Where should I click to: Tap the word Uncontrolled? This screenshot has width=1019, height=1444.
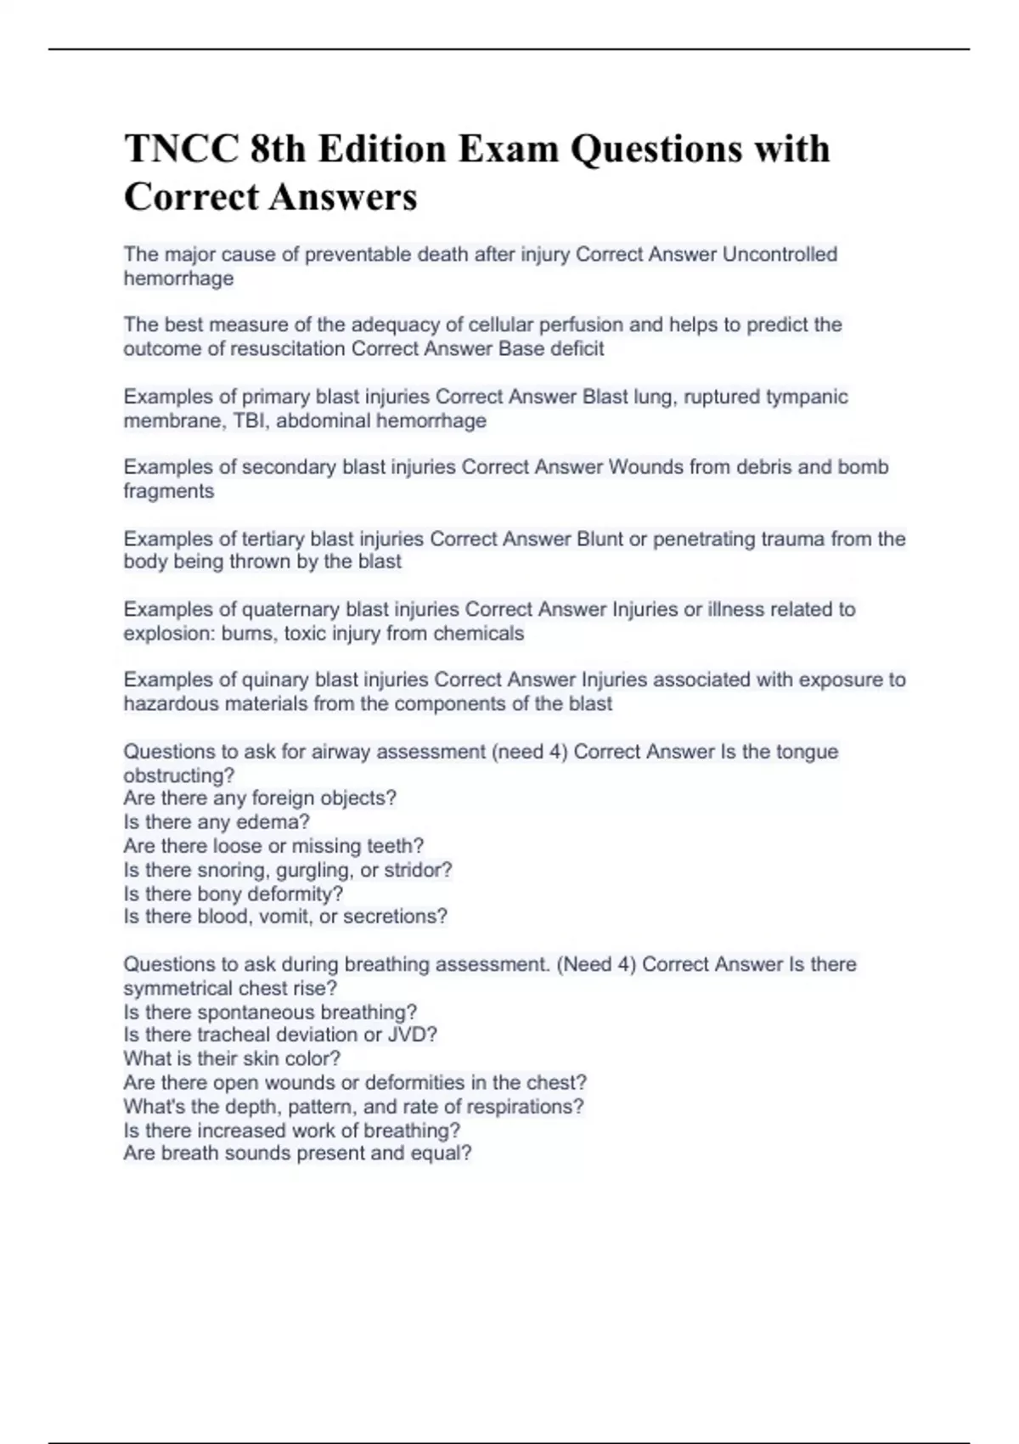point(780,254)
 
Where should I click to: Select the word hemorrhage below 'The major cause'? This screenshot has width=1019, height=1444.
point(178,279)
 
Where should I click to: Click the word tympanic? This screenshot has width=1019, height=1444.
point(807,397)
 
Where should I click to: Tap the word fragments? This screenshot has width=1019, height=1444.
point(168,491)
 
